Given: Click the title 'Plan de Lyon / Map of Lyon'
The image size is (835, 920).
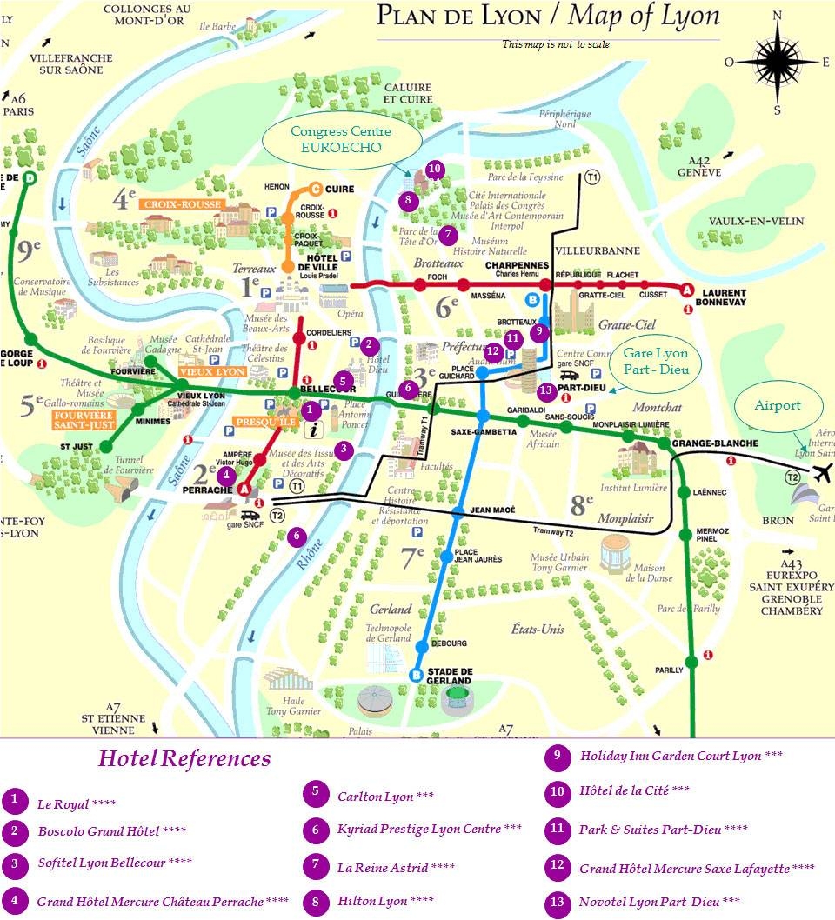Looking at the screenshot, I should click(548, 17).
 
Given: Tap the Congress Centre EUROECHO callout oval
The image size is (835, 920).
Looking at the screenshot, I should click(341, 139).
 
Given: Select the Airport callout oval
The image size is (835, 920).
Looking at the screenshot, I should click(777, 406).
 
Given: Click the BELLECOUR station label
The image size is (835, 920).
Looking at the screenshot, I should click(318, 390).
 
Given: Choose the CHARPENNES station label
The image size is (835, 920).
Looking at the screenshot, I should click(517, 267).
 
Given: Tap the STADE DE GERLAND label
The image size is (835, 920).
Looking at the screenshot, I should click(449, 676).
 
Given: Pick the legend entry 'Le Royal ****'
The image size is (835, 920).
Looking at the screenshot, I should click(76, 803).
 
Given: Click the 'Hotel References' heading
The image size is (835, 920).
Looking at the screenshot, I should click(184, 758).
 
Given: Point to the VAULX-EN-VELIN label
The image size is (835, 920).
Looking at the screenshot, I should click(755, 222).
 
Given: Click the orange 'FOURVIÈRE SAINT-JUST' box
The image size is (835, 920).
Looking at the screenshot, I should click(71, 420).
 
